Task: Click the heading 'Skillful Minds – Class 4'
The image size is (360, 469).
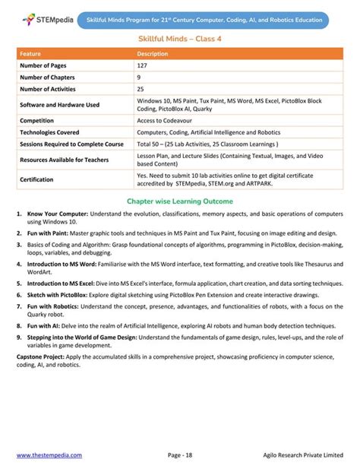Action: (x=180, y=38)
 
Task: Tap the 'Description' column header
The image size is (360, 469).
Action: (x=152, y=54)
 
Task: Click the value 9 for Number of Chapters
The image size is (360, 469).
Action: (x=139, y=78)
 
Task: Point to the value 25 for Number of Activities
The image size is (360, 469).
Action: (x=141, y=89)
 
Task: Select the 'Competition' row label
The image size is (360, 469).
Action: (x=37, y=120)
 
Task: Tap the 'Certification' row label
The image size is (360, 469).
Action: (x=36, y=179)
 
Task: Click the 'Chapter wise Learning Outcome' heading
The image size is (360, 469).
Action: (x=180, y=202)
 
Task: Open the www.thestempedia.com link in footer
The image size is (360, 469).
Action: (x=49, y=455)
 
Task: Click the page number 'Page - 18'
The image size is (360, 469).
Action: (x=180, y=455)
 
